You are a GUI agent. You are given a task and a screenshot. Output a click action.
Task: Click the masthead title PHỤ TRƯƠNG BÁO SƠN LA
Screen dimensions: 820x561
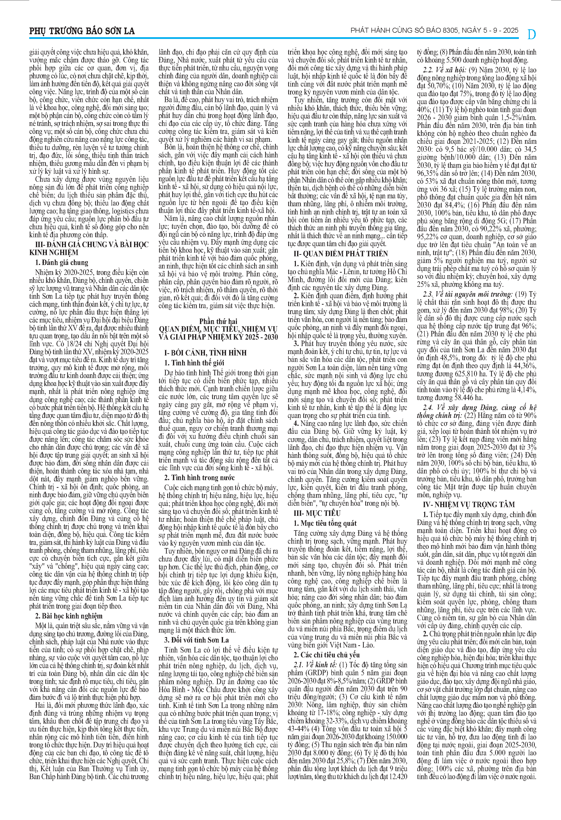[82, 31]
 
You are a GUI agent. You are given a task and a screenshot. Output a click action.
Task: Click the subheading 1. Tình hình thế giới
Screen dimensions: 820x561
[194, 363]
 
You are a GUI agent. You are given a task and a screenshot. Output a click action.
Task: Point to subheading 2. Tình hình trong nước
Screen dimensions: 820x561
[199, 478]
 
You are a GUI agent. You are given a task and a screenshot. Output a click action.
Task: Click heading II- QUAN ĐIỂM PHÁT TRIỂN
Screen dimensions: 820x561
[341, 254]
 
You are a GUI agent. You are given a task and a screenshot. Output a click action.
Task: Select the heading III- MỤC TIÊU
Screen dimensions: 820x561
[318, 513]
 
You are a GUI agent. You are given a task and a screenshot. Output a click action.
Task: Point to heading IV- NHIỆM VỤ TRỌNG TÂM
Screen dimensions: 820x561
[469, 504]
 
